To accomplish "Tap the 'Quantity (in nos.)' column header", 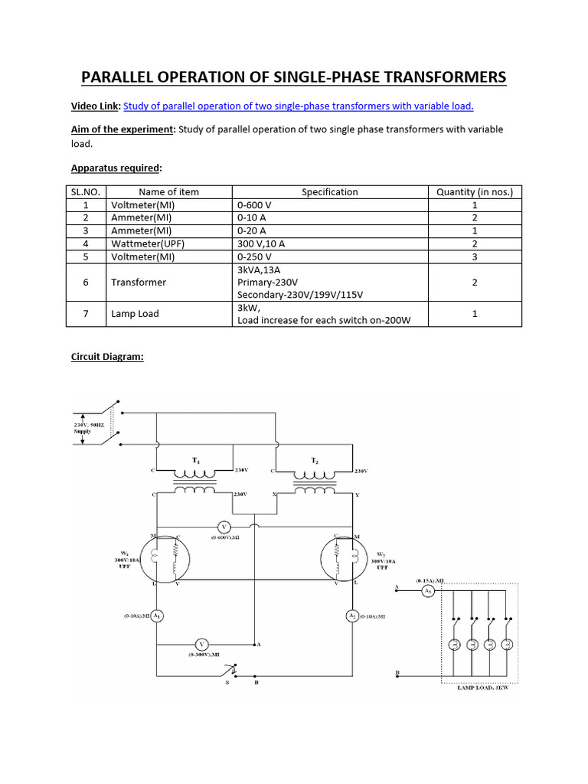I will tap(475, 192).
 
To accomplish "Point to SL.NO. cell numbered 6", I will tap(86, 283).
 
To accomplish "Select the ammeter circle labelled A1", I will tap(156, 615).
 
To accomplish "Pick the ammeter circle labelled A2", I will tap(352, 615).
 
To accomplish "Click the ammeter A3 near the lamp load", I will tap(430, 592).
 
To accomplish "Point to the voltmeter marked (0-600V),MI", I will tap(224, 527).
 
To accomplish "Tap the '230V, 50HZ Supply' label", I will tap(84, 428).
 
